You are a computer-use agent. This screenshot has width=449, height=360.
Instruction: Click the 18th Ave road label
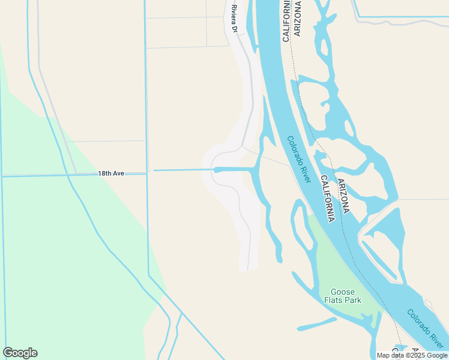(x=111, y=173)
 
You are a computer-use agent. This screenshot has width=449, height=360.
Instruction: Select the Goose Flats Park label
(x=343, y=296)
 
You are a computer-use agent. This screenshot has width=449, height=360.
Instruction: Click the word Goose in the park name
(x=343, y=292)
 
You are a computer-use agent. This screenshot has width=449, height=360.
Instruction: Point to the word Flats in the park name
(x=334, y=300)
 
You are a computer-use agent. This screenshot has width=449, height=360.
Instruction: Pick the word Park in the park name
(x=353, y=300)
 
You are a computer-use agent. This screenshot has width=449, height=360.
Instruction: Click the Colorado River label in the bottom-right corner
(x=426, y=329)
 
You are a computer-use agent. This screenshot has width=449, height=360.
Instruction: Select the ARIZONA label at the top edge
(x=298, y=19)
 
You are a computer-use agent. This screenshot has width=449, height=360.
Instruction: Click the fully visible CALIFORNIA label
(x=327, y=199)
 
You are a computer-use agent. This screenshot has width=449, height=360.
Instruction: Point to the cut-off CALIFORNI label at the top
(x=286, y=21)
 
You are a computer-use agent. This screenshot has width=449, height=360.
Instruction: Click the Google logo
(x=20, y=353)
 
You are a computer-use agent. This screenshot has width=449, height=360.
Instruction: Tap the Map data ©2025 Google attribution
(x=412, y=355)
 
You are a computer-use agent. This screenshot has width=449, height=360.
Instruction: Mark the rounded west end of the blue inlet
(x=216, y=170)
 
